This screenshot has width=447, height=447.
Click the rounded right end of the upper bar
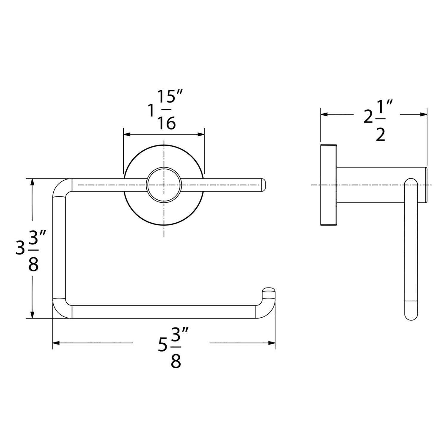(262, 185)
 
